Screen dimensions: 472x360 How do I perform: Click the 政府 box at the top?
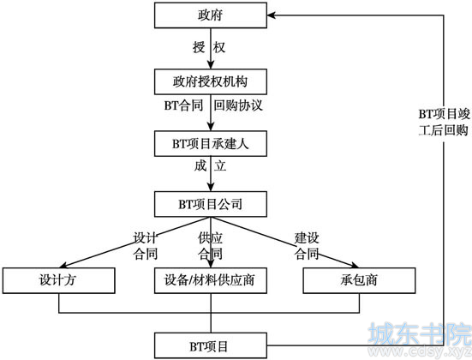[211, 15]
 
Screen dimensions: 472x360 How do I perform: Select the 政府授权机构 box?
[211, 81]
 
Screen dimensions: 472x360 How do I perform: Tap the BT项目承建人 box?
[211, 143]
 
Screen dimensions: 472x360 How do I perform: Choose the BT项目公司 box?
[211, 204]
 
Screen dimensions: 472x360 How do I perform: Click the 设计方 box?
[59, 280]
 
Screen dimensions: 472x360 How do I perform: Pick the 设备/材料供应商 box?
[211, 280]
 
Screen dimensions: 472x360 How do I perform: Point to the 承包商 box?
[359, 280]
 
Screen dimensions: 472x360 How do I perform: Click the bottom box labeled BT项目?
[211, 345]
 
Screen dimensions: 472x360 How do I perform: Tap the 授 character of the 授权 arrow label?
[199, 47]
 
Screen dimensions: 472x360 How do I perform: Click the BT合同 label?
[183, 105]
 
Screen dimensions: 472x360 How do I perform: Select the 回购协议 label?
[238, 105]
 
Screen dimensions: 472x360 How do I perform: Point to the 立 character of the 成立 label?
[220, 166]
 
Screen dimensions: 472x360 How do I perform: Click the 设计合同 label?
[146, 246]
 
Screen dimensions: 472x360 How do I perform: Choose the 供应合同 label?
[211, 246]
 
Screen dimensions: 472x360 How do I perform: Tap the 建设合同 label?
[307, 246]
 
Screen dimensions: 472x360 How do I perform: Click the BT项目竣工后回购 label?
[444, 123]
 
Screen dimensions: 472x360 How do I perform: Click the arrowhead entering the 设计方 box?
[64, 265]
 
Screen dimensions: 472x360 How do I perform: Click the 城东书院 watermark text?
[420, 333]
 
